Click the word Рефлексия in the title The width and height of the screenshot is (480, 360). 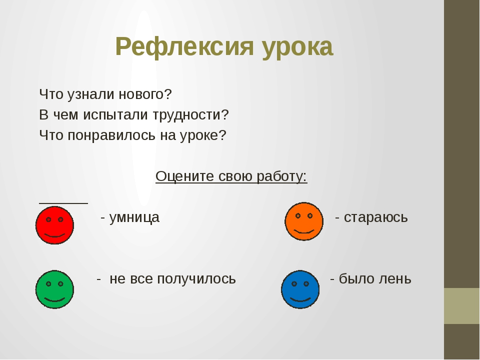point(184,47)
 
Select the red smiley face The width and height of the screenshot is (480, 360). point(55,225)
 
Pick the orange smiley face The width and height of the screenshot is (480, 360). point(304,221)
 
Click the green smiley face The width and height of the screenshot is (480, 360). point(55,289)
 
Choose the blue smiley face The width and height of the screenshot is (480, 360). point(300,289)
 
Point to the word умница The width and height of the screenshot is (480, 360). point(134,218)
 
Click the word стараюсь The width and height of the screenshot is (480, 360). point(376,217)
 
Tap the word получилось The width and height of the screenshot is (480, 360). point(196,279)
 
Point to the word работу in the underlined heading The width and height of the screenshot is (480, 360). point(280,176)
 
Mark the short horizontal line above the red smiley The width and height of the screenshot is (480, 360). point(63,202)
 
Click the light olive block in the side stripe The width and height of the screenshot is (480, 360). point(462,306)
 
